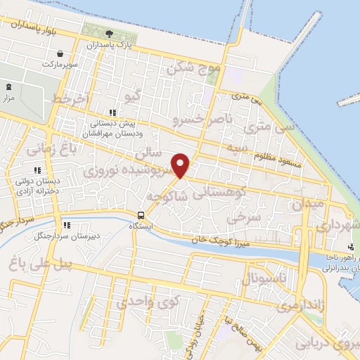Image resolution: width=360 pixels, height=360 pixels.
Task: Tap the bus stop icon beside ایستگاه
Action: (141, 215)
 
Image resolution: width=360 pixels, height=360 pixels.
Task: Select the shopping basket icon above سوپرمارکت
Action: (61, 54)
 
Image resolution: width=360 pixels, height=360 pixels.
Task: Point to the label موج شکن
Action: (195, 69)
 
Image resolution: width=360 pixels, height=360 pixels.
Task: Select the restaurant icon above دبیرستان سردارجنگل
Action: (67, 225)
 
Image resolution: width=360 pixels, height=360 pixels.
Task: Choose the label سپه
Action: (233, 148)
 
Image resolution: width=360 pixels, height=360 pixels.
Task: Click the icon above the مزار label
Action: (9, 86)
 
